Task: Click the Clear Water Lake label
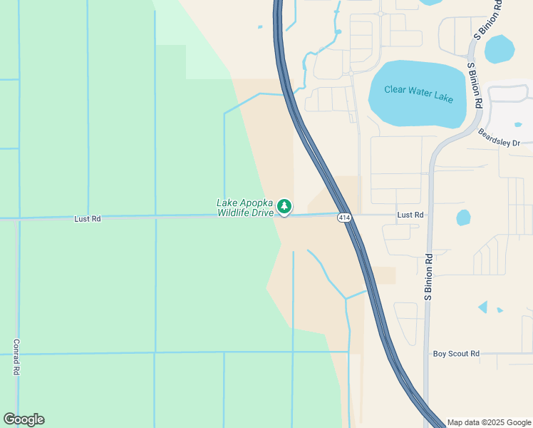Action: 418,93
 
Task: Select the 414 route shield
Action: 345,218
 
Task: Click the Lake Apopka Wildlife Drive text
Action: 244,208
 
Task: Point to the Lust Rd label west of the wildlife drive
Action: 87,219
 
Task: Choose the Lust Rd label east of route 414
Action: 410,215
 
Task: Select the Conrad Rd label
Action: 16,357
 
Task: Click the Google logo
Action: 24,419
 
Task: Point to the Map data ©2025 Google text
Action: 488,422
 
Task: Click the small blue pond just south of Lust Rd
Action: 463,217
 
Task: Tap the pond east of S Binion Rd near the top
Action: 499,49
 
